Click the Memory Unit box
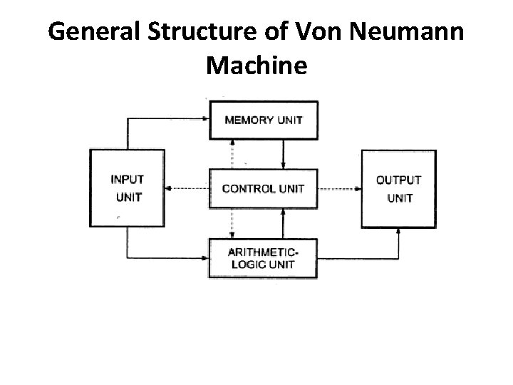click(263, 120)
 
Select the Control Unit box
click(263, 189)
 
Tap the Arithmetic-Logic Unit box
click(263, 258)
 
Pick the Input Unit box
click(127, 188)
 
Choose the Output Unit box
click(398, 188)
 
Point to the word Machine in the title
click(256, 66)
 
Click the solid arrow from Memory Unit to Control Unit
click(284, 154)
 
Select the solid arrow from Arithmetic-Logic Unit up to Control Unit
click(284, 223)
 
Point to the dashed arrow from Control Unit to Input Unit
click(187, 189)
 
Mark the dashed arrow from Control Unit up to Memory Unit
click(231, 154)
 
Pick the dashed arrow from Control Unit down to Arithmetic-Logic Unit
click(231, 223)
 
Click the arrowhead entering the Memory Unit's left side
click(204, 120)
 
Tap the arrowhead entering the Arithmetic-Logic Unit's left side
click(204, 258)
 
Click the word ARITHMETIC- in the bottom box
click(263, 252)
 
